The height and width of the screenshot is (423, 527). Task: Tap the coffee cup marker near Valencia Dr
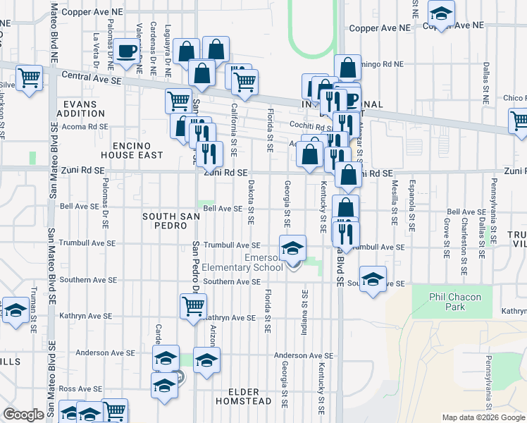[x=126, y=51]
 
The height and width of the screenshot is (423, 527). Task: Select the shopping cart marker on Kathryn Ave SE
[x=193, y=306]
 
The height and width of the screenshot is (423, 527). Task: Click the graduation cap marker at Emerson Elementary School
[x=292, y=248]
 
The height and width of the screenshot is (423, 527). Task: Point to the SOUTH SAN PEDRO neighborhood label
[x=166, y=221]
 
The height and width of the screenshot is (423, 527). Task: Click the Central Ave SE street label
[x=92, y=78]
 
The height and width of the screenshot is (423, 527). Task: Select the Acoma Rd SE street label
[x=84, y=126]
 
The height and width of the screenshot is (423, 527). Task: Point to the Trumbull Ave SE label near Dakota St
[x=232, y=245]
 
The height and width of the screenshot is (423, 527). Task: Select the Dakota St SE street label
[x=251, y=200]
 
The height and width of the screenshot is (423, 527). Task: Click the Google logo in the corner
[x=24, y=415]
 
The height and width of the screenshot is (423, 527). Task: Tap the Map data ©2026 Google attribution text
[x=483, y=417]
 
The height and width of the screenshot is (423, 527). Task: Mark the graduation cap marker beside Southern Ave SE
[x=373, y=277]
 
